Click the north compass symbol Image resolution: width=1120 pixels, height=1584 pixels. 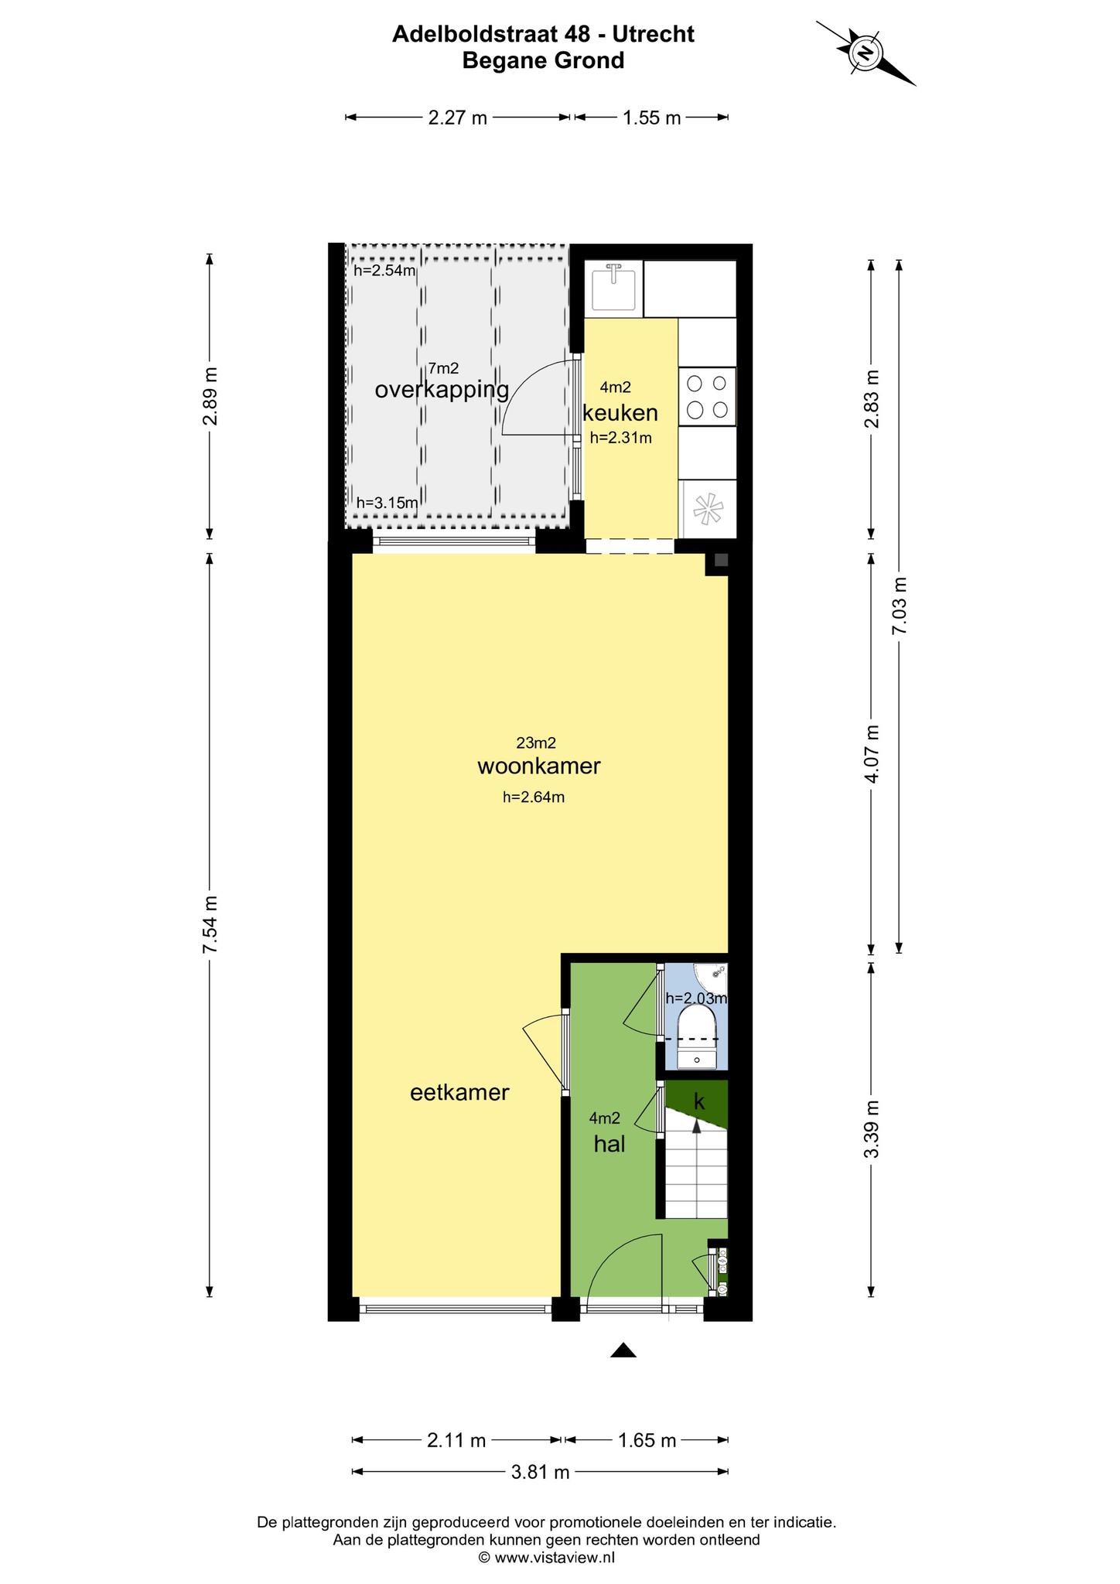tap(866, 53)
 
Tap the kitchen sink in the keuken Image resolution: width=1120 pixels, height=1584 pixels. tap(614, 288)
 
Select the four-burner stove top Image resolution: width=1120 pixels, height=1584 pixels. tap(707, 396)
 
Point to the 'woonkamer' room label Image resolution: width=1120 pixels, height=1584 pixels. tap(538, 766)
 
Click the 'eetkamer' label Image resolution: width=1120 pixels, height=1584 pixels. tap(459, 1092)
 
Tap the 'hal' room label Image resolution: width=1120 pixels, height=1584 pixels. tap(610, 1144)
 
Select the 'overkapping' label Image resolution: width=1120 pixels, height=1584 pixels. tap(442, 390)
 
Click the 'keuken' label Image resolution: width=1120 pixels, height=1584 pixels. tap(620, 412)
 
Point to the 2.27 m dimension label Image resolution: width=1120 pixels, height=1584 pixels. tap(458, 118)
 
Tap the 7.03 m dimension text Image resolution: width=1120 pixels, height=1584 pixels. tap(899, 606)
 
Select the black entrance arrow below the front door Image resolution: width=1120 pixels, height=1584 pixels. tap(623, 1350)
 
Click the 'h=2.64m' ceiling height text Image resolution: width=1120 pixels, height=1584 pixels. tap(534, 797)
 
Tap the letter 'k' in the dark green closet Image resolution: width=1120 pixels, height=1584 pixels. tap(699, 1102)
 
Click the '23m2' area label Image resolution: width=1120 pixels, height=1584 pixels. tap(536, 743)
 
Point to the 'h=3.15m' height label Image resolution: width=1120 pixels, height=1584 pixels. tap(387, 503)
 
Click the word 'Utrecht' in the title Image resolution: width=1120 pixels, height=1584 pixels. tap(654, 34)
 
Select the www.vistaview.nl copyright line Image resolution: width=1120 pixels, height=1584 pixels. tap(547, 1558)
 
